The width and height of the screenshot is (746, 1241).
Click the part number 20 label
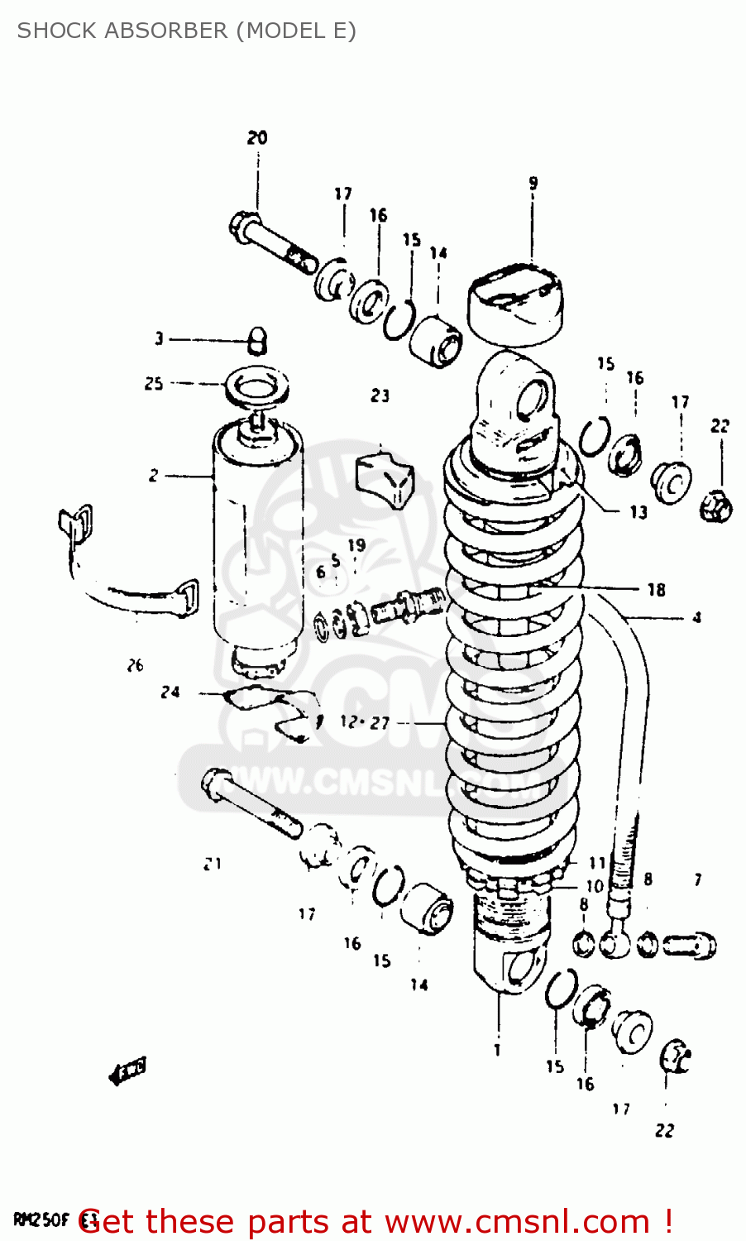(x=257, y=137)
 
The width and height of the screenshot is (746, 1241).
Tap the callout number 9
(x=533, y=183)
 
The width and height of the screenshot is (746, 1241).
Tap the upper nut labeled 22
(x=716, y=505)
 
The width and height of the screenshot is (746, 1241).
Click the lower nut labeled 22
(x=676, y=1057)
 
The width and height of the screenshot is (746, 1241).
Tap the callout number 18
(x=656, y=589)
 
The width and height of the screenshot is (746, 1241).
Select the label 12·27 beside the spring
(x=364, y=722)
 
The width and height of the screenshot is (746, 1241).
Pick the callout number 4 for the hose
(x=696, y=617)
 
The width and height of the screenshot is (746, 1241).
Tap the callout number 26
(x=136, y=664)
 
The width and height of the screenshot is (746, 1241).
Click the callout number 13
(x=638, y=512)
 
